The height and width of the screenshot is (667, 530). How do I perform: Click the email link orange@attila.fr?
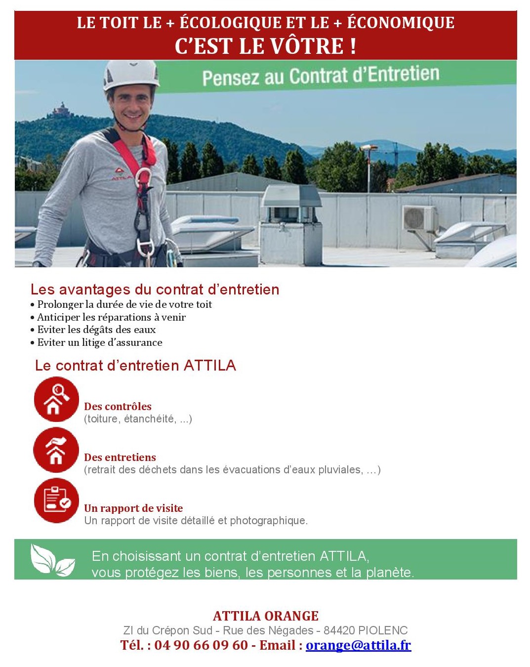tap(358, 645)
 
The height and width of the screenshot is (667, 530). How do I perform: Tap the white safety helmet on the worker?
tap(130, 75)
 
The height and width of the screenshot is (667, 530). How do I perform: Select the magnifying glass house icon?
tap(56, 399)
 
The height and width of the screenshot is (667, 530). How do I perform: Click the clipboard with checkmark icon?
tap(56, 500)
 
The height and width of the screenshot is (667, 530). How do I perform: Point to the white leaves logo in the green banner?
tap(52, 560)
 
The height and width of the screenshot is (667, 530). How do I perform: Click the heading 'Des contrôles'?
tap(118, 406)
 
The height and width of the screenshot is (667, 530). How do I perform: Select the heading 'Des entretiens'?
tap(120, 457)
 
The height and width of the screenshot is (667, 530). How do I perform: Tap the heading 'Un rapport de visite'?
tap(133, 508)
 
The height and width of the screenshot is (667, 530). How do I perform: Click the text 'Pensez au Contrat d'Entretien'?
tap(321, 76)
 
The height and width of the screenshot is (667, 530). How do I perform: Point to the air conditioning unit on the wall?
tap(419, 218)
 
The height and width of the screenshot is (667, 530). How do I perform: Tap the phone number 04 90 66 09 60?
tap(201, 645)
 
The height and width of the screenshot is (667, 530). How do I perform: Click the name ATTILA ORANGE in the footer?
tap(266, 616)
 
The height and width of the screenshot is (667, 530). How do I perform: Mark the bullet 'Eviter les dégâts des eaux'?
tap(96, 330)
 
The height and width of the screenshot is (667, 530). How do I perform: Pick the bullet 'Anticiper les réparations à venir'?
tap(111, 317)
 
